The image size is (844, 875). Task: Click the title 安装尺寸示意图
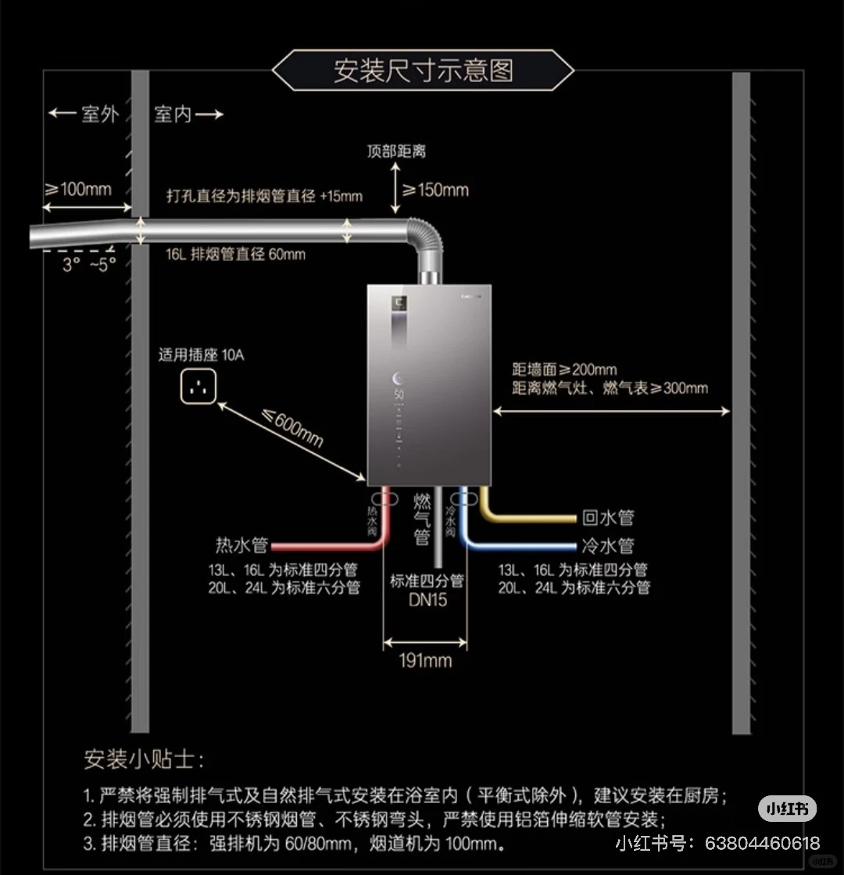pyautogui.click(x=423, y=70)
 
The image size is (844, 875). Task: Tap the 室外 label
pyautogui.click(x=100, y=114)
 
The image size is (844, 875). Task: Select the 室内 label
pyautogui.click(x=173, y=114)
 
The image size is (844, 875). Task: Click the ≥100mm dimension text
pyautogui.click(x=77, y=189)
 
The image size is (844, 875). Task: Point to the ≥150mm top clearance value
pyautogui.click(x=435, y=189)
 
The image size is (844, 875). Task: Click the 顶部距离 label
pyautogui.click(x=396, y=152)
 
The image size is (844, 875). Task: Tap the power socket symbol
pyautogui.click(x=198, y=387)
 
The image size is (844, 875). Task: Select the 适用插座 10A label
pyautogui.click(x=202, y=355)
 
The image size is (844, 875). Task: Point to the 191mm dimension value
pyautogui.click(x=425, y=661)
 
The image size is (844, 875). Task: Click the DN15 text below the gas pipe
pyautogui.click(x=427, y=601)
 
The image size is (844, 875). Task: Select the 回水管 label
pyautogui.click(x=607, y=517)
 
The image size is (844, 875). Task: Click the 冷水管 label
pyautogui.click(x=607, y=545)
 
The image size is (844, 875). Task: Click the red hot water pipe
pyautogui.click(x=328, y=546)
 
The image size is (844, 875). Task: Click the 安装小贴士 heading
pyautogui.click(x=145, y=759)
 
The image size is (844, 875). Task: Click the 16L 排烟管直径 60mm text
pyautogui.click(x=235, y=255)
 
